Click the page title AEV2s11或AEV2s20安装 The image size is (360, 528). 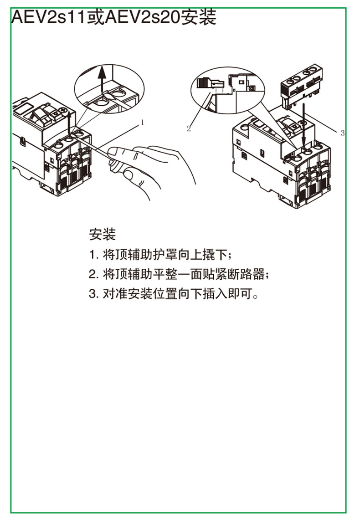[113, 17]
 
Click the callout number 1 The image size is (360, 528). [142, 123]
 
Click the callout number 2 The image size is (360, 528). [189, 128]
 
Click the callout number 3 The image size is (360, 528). [343, 133]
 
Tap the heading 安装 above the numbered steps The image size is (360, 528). [103, 234]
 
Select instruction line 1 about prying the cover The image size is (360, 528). [160, 255]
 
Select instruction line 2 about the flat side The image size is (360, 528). [179, 274]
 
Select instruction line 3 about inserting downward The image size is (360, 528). [174, 294]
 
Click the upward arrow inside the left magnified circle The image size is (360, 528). [102, 79]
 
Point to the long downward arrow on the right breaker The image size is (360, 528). [304, 124]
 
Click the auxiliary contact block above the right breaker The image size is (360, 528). [302, 87]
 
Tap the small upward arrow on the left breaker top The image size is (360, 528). [69, 123]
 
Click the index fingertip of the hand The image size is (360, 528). [113, 152]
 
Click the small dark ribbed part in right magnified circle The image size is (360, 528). [203, 83]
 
